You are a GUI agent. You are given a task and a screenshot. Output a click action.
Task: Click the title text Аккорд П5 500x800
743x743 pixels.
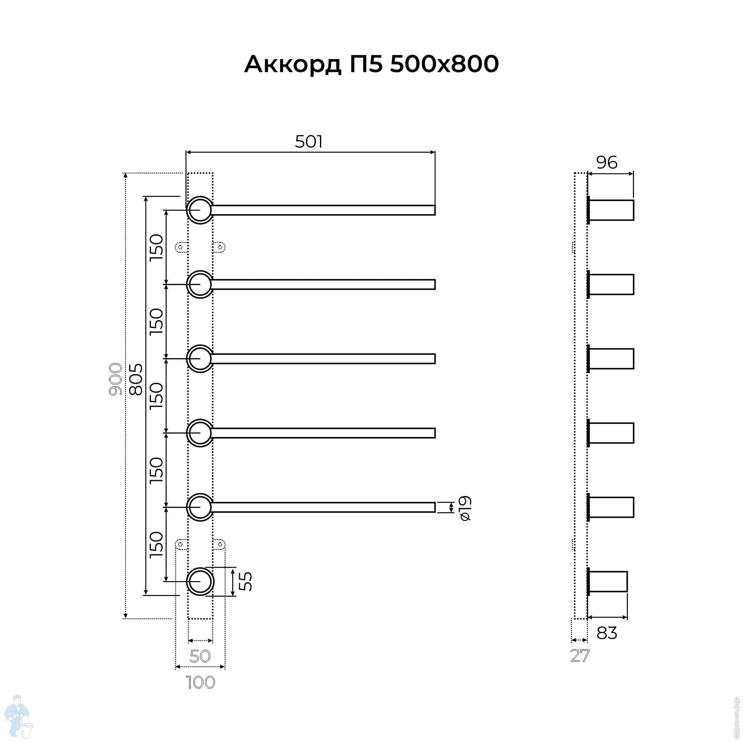coord(371,64)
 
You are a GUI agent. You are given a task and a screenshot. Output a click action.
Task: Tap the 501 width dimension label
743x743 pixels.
coord(309,142)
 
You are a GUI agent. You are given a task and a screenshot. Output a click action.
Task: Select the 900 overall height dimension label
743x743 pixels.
coord(115,379)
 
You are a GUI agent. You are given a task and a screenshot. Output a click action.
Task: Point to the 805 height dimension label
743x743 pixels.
coord(135,379)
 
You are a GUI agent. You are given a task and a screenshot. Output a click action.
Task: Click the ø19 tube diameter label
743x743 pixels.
coord(465,508)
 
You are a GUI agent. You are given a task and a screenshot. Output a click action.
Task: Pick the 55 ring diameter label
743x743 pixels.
coord(245,582)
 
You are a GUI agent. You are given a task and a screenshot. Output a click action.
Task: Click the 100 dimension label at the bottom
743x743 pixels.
coord(200,682)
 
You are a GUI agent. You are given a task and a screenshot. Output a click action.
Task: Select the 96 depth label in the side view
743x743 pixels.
coord(607,162)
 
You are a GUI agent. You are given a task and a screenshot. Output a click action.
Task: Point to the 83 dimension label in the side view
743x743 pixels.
coord(607,633)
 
